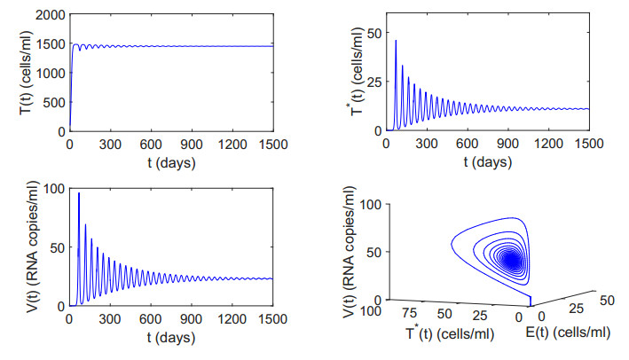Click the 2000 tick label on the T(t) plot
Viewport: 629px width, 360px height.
(48, 14)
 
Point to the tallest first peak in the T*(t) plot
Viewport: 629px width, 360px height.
(396, 41)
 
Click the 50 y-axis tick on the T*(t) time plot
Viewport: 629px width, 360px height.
(373, 33)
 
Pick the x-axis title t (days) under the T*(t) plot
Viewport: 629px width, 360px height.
(487, 164)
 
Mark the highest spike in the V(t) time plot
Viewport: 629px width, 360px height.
(79, 193)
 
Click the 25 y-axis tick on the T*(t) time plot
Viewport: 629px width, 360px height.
(373, 82)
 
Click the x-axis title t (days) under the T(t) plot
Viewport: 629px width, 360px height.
(170, 164)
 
